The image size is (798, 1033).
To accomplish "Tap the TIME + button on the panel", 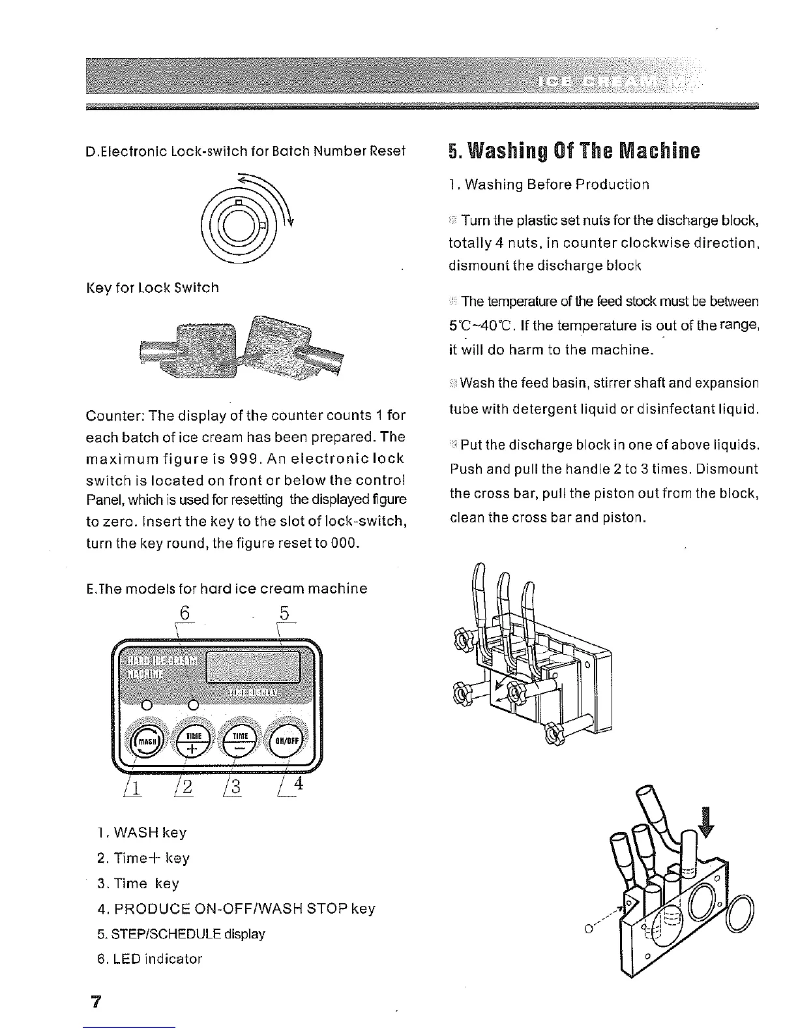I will pos(192,741).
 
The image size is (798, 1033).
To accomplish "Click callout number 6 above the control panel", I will pos(185,613).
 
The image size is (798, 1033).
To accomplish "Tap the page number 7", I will pos(96,1001).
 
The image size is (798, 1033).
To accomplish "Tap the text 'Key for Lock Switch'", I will pos(153,288).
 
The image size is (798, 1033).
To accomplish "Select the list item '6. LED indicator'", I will pos(149,959).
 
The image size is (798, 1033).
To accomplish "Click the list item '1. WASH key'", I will pos(141,833).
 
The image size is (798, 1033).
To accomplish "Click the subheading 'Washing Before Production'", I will pos(549,185).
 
